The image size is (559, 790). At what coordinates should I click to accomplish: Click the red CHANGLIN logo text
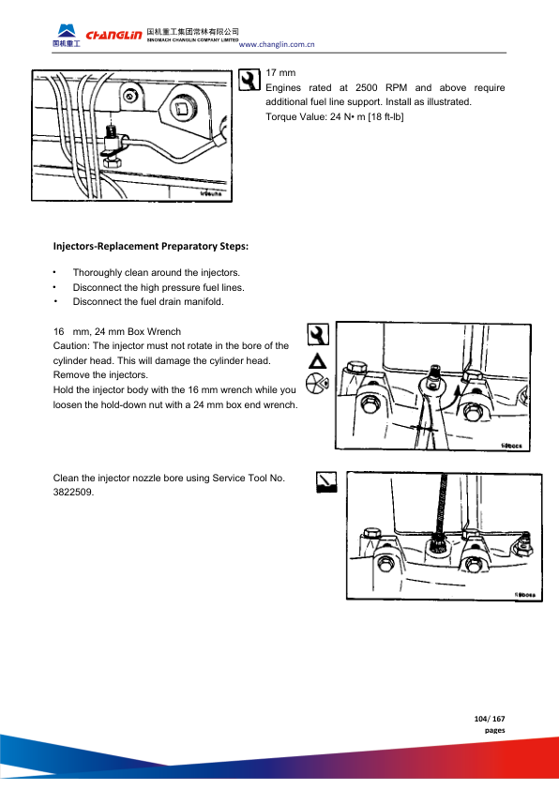coord(113,35)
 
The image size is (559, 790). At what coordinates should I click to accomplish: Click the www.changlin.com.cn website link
coord(277,44)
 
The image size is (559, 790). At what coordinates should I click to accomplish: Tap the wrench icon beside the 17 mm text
coord(249,80)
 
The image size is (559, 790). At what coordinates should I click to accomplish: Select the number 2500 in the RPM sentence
coord(366,87)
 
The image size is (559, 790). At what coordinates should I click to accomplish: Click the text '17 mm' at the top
coord(280,72)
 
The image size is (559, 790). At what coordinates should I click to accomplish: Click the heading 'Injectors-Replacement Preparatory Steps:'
coord(151,247)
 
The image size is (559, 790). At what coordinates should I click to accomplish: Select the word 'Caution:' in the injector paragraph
coord(71,345)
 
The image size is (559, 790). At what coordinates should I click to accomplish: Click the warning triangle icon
coord(317,361)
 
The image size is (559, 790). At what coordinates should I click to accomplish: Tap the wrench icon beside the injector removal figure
coord(318,335)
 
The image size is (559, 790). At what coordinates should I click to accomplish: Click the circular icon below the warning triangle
coord(317,384)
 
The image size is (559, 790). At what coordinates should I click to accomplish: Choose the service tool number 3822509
coord(73,493)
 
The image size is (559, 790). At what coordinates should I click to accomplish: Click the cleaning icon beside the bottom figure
coord(326,482)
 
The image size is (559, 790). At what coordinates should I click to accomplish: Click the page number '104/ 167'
coord(489,719)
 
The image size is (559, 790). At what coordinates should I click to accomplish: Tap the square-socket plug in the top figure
coord(180,108)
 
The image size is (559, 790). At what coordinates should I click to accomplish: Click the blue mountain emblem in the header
coord(67,31)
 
